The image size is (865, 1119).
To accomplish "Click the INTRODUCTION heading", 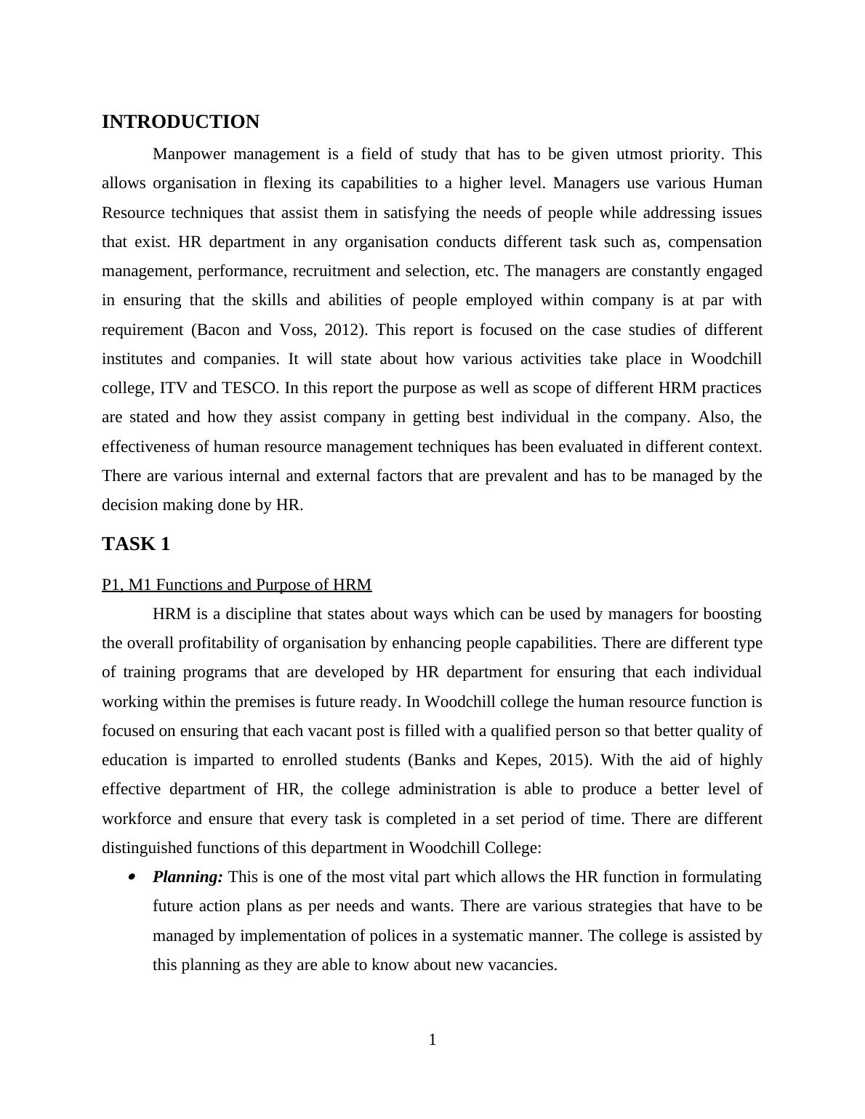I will pos(180,122).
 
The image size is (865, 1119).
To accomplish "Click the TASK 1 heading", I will pos(136,544).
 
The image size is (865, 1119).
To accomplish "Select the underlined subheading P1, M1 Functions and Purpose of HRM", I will pos(236,585).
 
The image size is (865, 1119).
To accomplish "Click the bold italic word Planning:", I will pos(188,877).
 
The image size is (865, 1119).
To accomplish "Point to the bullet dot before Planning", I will pos(132,878).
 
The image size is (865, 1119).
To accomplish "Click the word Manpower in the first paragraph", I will pos(186,154).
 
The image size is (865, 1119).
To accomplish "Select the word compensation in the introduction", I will pos(715,242).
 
